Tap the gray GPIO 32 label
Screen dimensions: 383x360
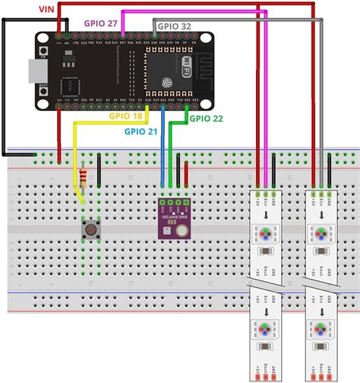(x=175, y=25)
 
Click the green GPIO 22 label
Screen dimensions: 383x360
(x=206, y=118)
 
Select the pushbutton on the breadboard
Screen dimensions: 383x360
(x=90, y=227)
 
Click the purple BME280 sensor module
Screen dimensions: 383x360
(x=174, y=218)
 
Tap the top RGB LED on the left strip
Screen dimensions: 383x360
(x=264, y=232)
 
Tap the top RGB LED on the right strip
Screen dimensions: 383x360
(x=320, y=232)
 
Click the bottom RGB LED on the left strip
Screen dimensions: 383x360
(x=264, y=329)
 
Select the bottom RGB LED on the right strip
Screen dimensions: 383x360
(x=320, y=329)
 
